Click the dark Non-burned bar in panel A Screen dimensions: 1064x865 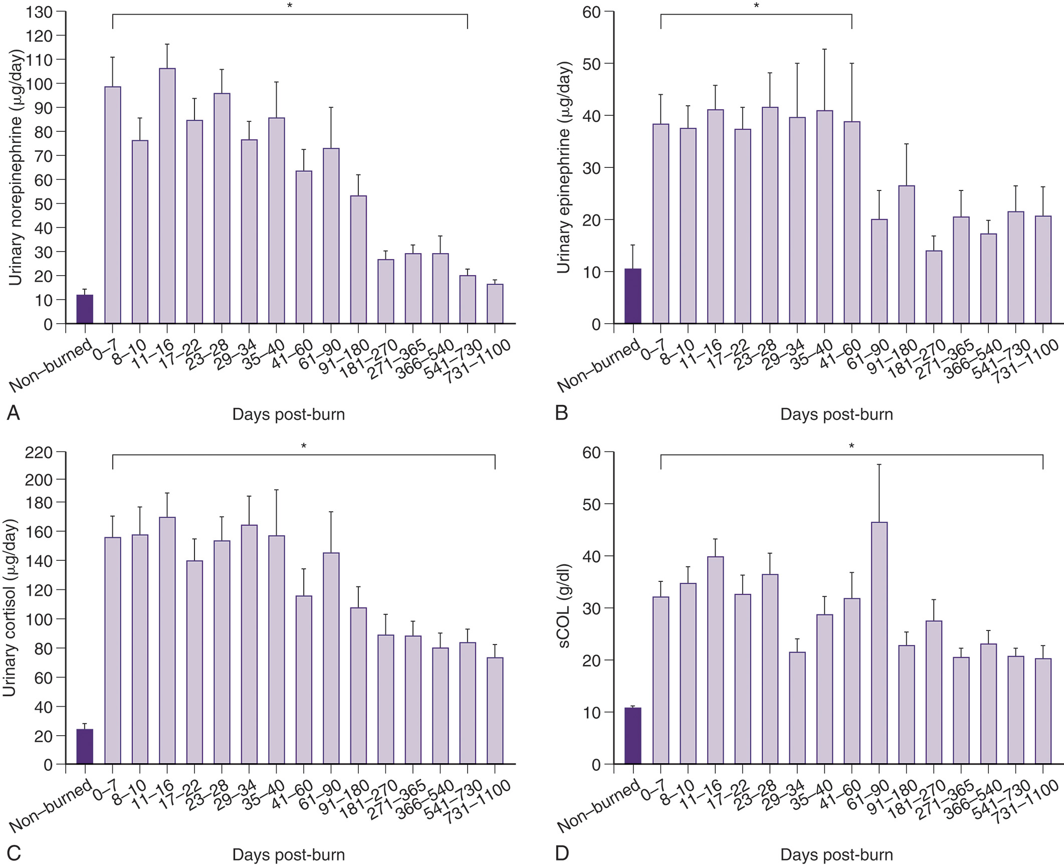85,309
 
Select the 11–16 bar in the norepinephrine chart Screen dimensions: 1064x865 167,196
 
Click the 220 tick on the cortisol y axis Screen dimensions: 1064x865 39,453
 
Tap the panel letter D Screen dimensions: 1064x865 561,853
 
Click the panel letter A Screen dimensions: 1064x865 14,413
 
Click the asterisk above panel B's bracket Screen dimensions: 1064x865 756,6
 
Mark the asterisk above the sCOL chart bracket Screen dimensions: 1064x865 852,446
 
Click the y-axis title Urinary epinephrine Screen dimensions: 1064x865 564,167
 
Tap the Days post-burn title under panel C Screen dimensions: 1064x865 288,854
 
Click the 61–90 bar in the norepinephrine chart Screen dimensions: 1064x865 331,236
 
